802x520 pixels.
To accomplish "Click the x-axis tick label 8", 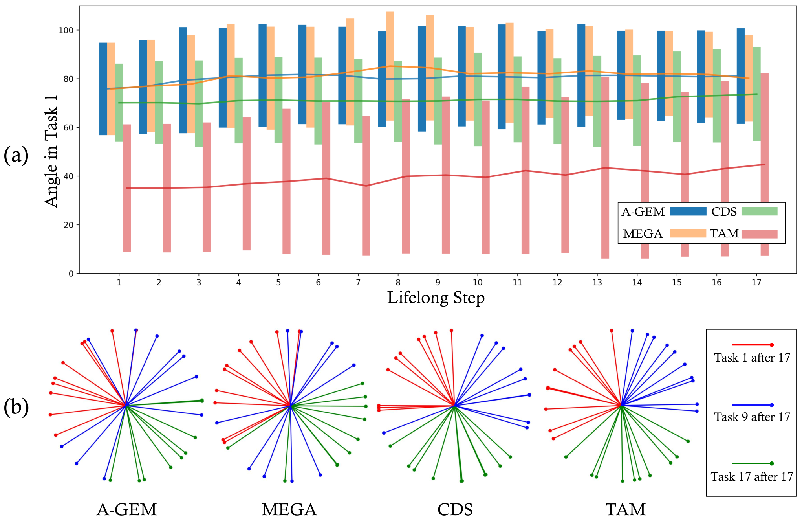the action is tap(398, 282).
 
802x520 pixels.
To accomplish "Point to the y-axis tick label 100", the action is tap(66, 30).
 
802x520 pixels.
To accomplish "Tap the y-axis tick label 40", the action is tap(68, 176).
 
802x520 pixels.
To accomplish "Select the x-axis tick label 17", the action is tap(756, 282).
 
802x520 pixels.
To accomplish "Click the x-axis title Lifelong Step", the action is tap(436, 298).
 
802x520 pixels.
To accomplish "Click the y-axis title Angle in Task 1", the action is tap(51, 151).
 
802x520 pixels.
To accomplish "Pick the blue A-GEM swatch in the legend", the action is tap(688, 211).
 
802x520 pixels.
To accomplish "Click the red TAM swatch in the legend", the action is tap(760, 234).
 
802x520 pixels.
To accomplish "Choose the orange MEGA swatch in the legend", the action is tap(688, 233).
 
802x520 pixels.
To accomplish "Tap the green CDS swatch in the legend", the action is tap(760, 211).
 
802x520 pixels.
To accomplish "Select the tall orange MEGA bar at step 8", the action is tap(390, 66).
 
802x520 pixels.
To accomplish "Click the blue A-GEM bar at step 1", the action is tap(103, 89).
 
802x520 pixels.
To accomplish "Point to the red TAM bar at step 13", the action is tap(605, 167).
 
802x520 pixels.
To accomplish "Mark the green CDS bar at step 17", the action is tap(756, 94).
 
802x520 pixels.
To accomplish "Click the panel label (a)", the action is tap(16, 155).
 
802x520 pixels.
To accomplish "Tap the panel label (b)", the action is tap(16, 407).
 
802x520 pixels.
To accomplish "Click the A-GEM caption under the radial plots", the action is tap(126, 510).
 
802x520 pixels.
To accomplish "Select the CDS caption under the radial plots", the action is tap(455, 510).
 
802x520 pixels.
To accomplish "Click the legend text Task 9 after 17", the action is tap(752, 417).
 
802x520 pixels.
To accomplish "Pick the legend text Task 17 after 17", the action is tap(752, 477).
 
